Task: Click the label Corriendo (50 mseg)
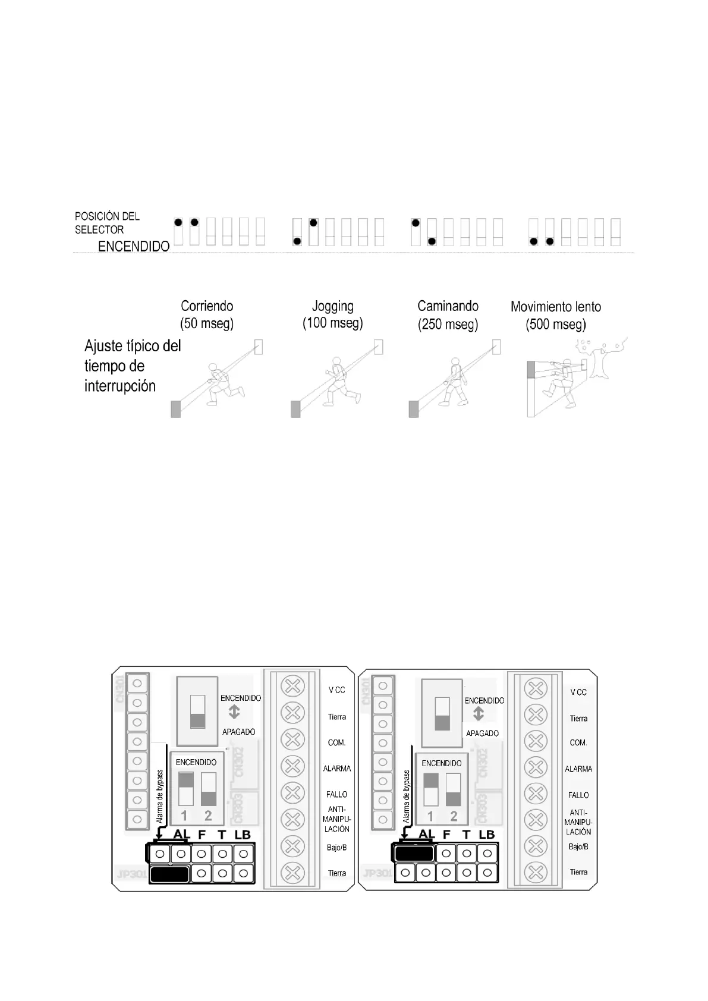click(x=207, y=315)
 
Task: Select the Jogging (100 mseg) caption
click(x=333, y=314)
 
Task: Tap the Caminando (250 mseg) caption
click(x=448, y=315)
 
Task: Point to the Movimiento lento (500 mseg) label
click(x=556, y=316)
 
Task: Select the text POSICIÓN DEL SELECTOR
click(x=107, y=223)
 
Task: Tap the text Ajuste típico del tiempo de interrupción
click(x=133, y=366)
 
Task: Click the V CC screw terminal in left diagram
click(x=292, y=687)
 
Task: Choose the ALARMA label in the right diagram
click(x=578, y=769)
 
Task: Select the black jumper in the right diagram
click(x=414, y=854)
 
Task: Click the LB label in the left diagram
click(x=243, y=835)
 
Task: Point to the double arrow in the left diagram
click(x=234, y=712)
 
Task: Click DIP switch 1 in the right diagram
click(x=431, y=789)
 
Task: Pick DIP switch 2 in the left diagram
click(x=209, y=789)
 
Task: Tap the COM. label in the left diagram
click(x=336, y=743)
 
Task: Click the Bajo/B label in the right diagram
click(x=578, y=846)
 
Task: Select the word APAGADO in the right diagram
click(x=482, y=734)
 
